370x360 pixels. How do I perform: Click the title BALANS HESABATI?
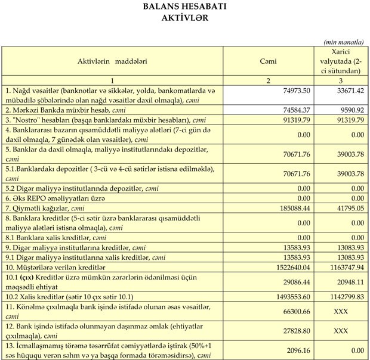[185, 7]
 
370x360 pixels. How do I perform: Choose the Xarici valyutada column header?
[341, 61]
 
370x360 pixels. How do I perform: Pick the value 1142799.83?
[345, 296]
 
